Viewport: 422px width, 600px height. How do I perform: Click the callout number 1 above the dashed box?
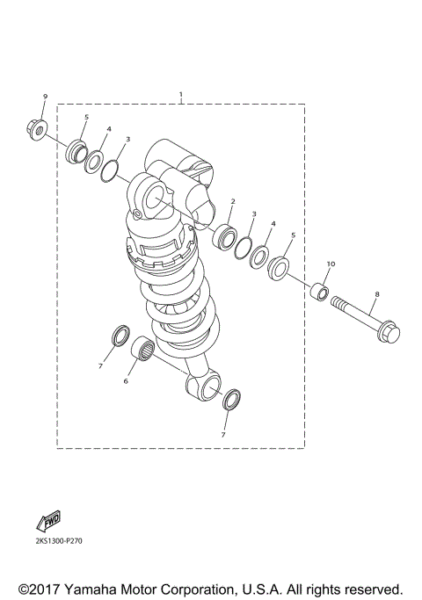point(180,94)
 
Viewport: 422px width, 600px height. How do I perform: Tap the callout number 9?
point(44,96)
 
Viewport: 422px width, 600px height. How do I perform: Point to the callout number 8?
point(377,295)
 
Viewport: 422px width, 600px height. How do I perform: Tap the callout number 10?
point(331,264)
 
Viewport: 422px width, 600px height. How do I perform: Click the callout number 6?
point(125,381)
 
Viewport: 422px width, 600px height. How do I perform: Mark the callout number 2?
point(232,202)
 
